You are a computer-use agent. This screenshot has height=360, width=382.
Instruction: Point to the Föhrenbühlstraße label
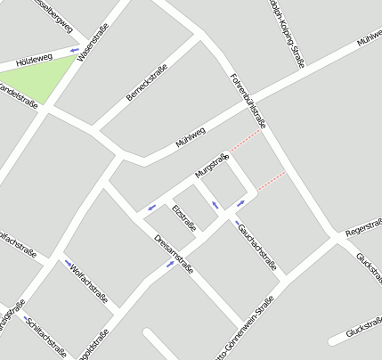coord(248,97)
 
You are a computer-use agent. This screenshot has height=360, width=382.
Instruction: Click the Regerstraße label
coord(362,231)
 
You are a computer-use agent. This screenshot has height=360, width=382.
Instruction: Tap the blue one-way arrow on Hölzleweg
coord(75,50)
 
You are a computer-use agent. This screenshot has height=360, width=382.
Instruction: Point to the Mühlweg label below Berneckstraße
coord(191,137)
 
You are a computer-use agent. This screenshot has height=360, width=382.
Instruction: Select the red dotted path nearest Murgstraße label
coord(246,140)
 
